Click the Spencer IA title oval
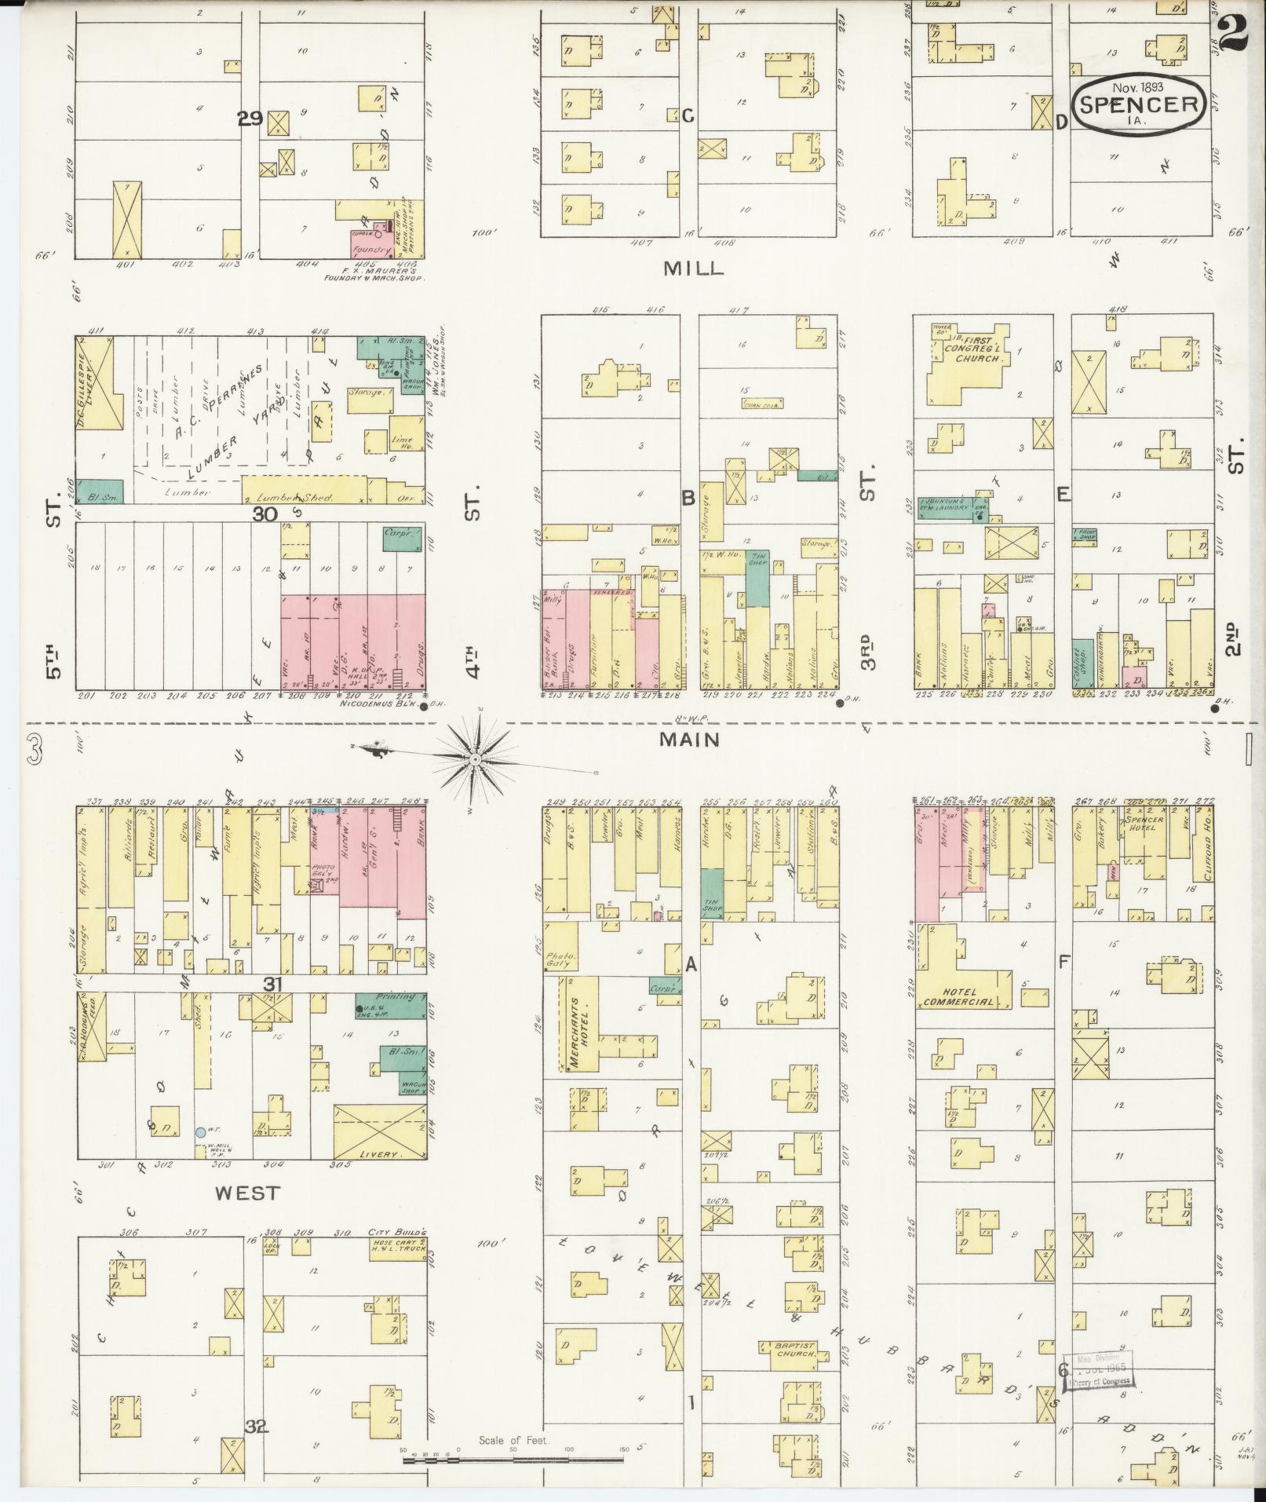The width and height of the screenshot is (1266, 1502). pos(1141,105)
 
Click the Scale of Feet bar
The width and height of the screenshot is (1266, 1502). pos(513,1460)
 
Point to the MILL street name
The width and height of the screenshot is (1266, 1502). pos(691,268)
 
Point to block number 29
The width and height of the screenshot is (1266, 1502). pos(250,119)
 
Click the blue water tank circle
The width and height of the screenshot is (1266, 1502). pos(201,1132)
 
